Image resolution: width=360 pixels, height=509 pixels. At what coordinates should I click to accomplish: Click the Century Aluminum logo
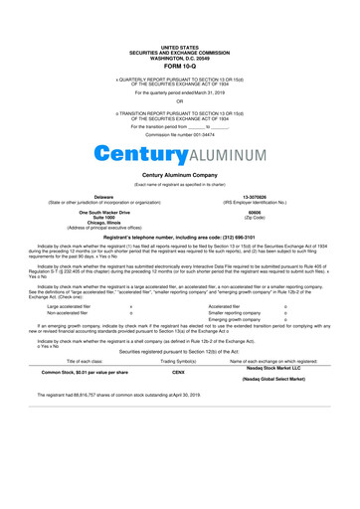[x=179, y=155]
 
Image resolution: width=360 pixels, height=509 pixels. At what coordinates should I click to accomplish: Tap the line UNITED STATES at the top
[x=179, y=47]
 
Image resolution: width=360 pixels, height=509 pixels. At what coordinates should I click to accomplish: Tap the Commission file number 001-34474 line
[x=179, y=135]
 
